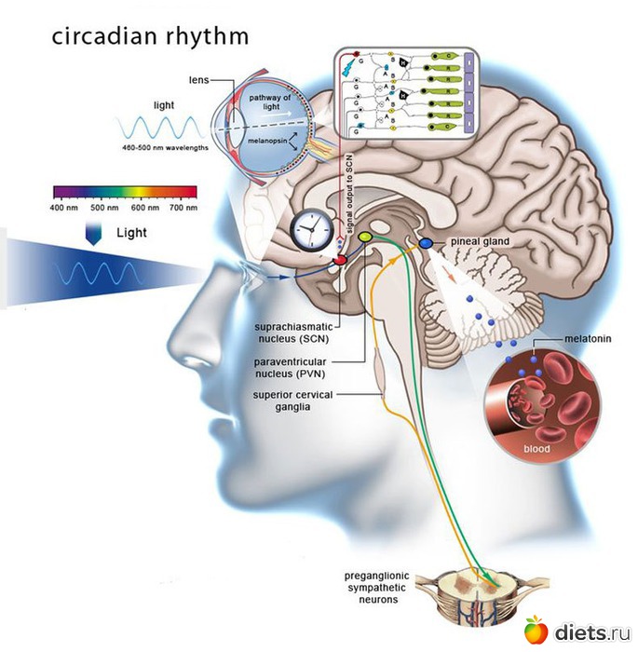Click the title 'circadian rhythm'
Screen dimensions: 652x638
(150, 36)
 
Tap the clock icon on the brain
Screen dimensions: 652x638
(307, 229)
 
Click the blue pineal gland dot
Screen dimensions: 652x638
(426, 243)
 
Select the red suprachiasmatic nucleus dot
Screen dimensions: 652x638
(342, 259)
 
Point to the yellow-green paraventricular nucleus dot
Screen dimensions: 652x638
(365, 238)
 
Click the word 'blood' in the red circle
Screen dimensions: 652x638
(537, 449)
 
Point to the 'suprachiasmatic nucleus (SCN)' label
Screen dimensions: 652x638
(293, 333)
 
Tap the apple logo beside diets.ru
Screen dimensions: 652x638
(536, 630)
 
